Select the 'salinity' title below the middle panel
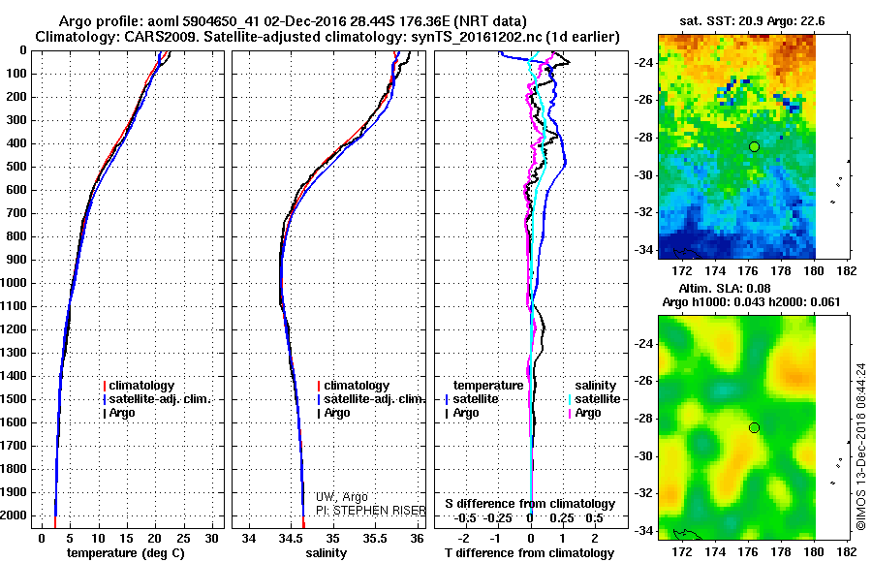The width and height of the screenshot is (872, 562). pos(326,552)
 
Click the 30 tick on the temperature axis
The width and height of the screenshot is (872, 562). pos(212,537)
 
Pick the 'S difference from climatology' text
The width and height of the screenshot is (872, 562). pos(530,504)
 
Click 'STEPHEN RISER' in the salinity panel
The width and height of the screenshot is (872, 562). pos(371,510)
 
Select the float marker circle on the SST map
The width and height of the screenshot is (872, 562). pos(754,145)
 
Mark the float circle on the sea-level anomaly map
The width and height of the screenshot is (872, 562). pos(754,427)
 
